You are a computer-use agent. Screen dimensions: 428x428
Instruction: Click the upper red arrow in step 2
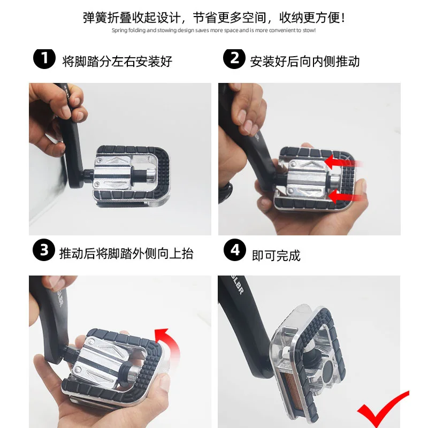click(x=343, y=160)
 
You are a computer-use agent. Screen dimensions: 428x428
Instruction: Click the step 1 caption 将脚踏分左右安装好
click(x=117, y=61)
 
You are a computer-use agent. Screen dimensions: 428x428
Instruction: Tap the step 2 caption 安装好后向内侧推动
click(x=305, y=61)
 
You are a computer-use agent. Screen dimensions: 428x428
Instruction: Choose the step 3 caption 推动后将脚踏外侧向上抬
click(x=126, y=253)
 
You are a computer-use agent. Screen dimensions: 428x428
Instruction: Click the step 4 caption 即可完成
click(x=276, y=255)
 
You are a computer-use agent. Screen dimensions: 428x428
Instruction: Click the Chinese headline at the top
click(x=214, y=17)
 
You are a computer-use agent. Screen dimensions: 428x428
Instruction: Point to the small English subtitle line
click(x=214, y=30)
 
